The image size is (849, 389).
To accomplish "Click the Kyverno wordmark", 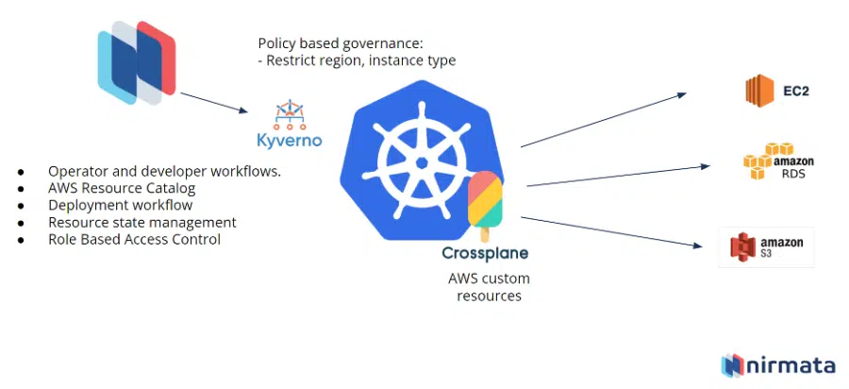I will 290,141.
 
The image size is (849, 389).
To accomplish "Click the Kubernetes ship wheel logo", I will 416,166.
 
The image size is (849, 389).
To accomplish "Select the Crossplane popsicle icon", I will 485,203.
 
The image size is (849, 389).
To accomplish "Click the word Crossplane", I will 485,253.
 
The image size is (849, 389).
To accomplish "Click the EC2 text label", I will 795,92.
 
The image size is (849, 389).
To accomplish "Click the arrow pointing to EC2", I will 604,119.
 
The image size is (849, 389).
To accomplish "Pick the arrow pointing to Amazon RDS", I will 618,176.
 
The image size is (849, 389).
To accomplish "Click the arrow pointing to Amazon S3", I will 613,232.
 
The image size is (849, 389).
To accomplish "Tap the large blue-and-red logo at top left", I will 137,61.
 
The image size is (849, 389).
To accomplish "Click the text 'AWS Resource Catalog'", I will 122,189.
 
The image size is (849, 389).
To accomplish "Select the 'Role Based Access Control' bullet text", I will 134,240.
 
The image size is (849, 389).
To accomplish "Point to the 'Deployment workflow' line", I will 120,206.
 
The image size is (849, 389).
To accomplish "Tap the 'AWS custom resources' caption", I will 489,287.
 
